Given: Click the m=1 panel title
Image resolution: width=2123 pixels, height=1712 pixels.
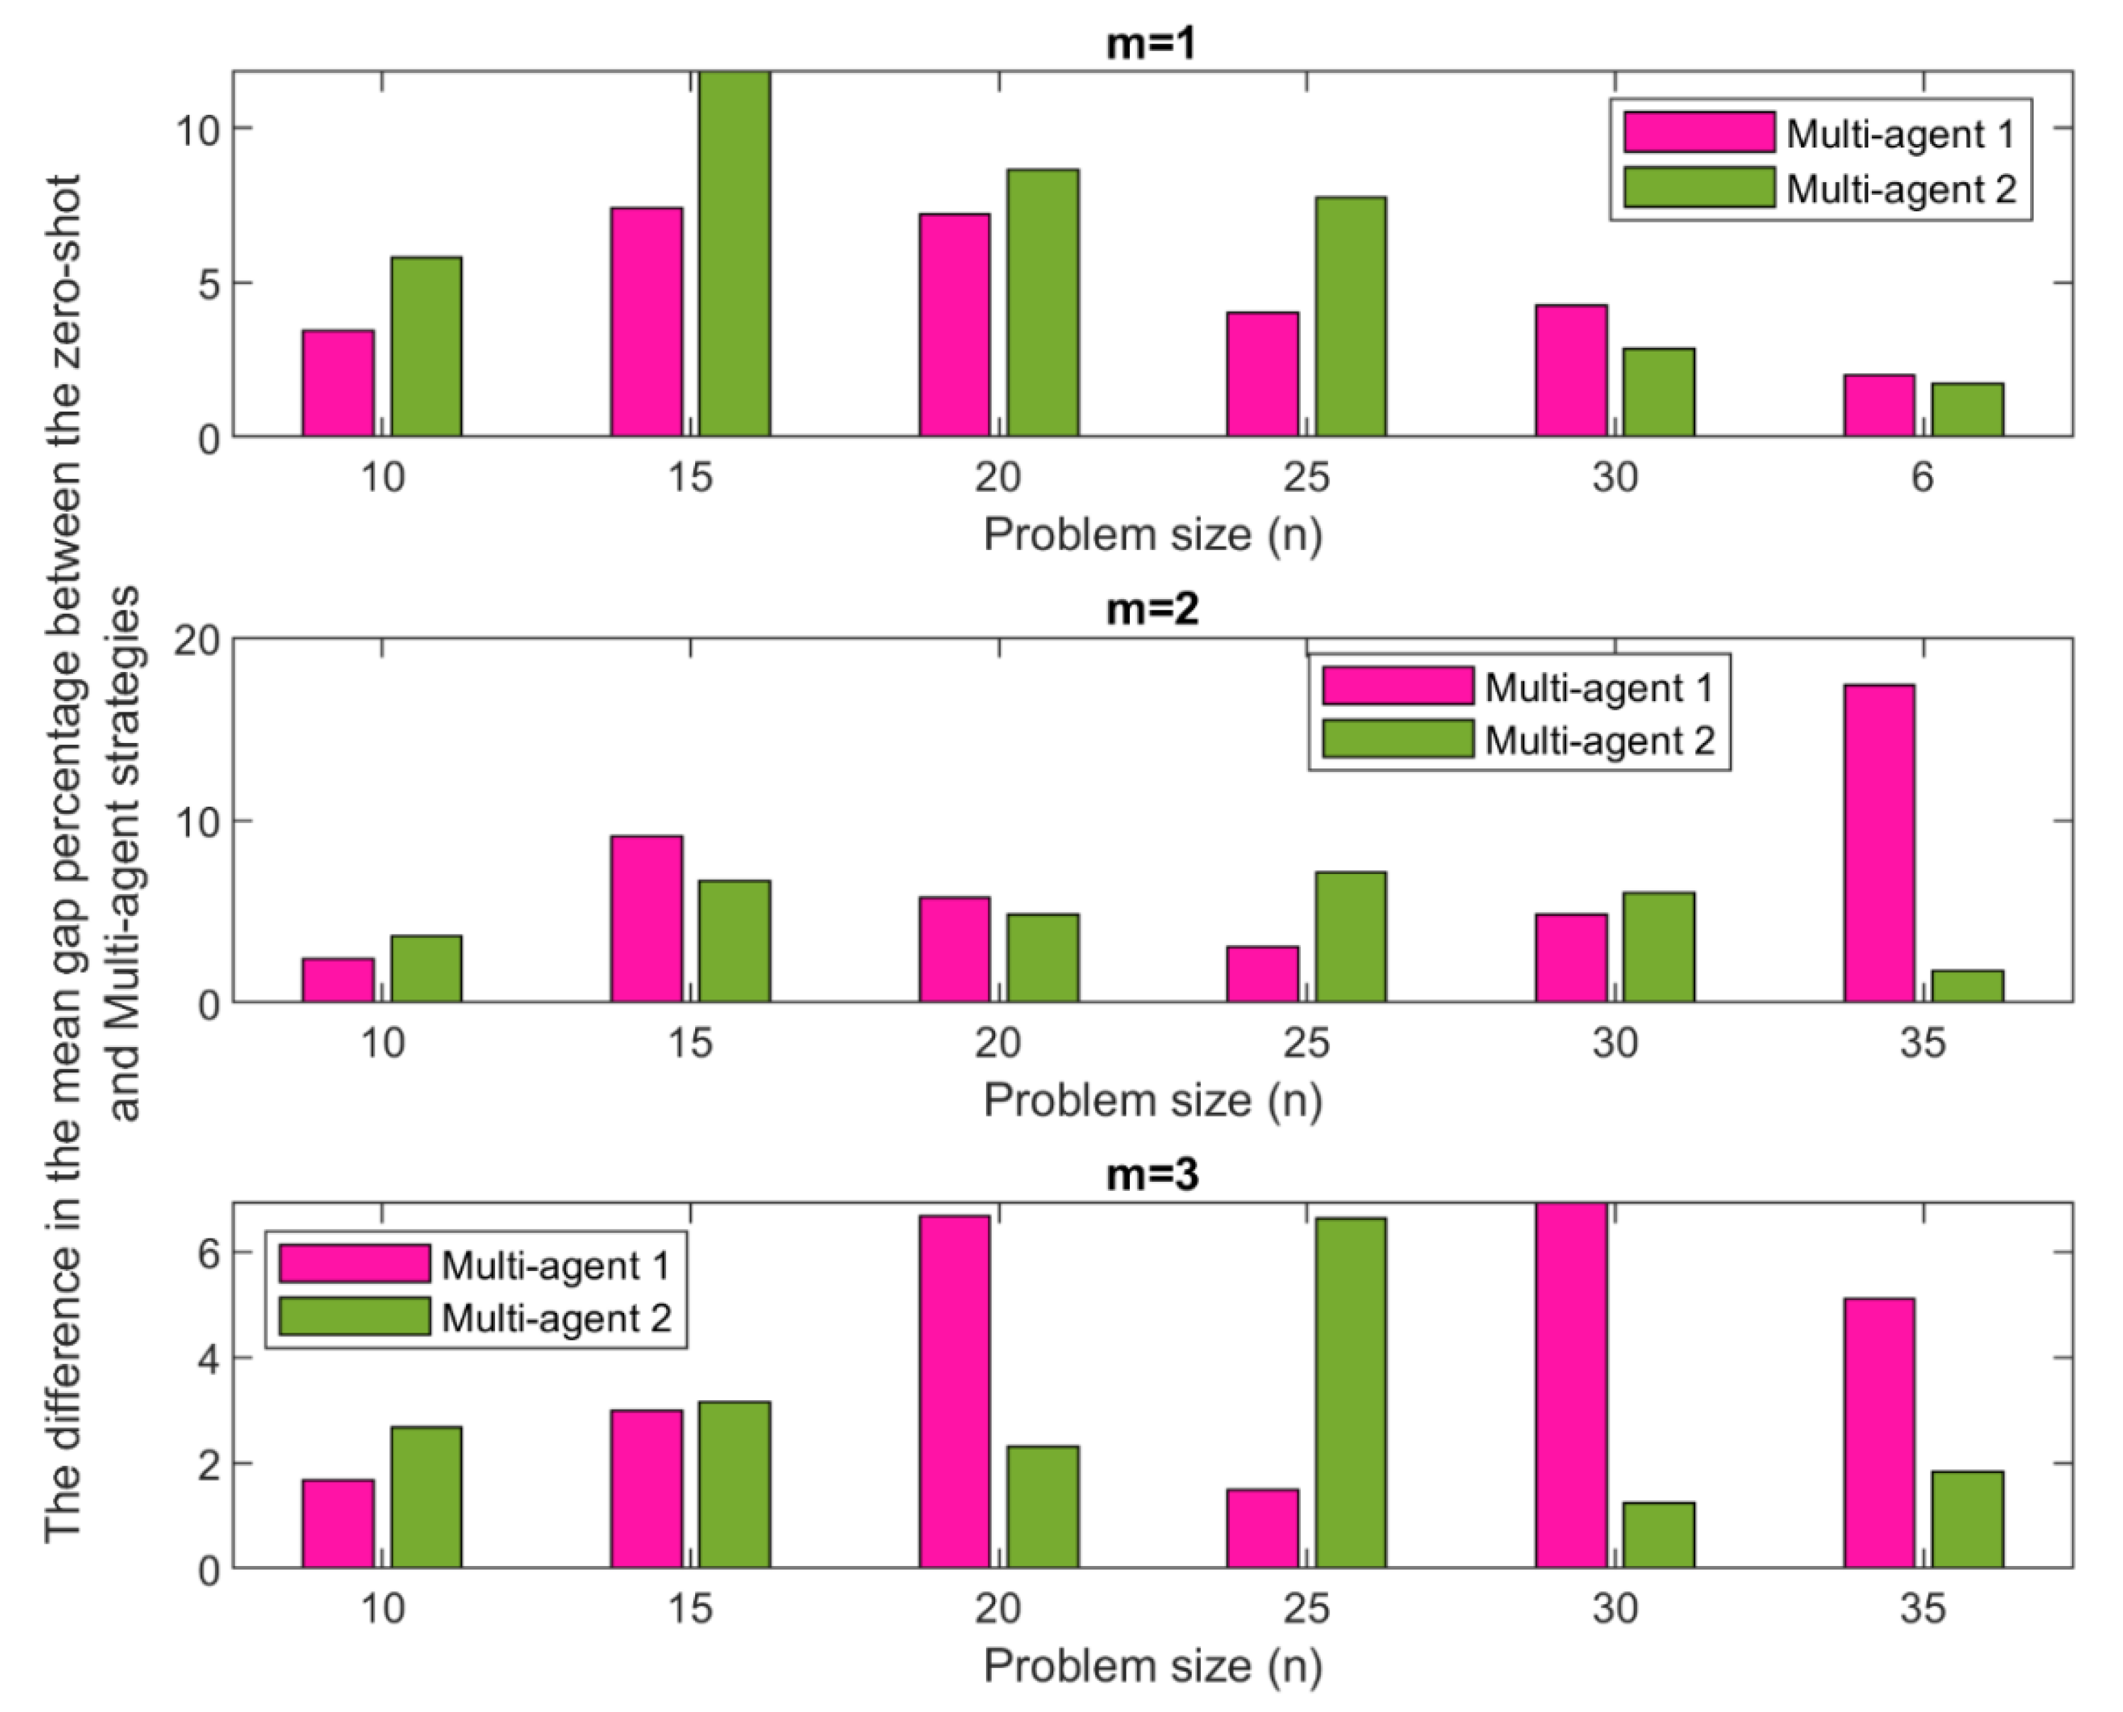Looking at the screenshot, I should [1151, 45].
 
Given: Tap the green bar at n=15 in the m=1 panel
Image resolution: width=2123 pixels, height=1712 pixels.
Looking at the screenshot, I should [734, 254].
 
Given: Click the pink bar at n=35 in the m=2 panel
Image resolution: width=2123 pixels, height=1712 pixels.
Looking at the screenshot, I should [1878, 843].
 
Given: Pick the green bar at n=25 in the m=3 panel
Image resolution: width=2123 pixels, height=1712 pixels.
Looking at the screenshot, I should [1351, 1392].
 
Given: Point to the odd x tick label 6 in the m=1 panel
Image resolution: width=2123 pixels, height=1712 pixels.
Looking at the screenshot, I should [1922, 477].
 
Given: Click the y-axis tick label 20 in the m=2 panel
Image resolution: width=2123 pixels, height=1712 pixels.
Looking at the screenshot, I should [196, 641].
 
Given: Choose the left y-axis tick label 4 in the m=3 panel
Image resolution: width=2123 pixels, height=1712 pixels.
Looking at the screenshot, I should [208, 1359].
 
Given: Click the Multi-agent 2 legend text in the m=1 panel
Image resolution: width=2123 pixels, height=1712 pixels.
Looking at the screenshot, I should [1901, 189].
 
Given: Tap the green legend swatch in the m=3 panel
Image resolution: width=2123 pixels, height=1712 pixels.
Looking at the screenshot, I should [354, 1316].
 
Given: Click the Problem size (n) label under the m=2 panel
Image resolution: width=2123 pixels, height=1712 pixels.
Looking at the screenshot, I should [1152, 1100].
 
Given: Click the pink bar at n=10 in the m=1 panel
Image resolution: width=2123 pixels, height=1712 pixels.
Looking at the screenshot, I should [338, 384].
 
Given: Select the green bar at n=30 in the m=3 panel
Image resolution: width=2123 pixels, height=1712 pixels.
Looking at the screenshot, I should [1658, 1535].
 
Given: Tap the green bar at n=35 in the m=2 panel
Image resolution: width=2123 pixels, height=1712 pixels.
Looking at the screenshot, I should [1967, 986].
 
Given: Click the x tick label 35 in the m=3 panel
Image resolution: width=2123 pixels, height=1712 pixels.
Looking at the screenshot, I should [1922, 1609].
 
